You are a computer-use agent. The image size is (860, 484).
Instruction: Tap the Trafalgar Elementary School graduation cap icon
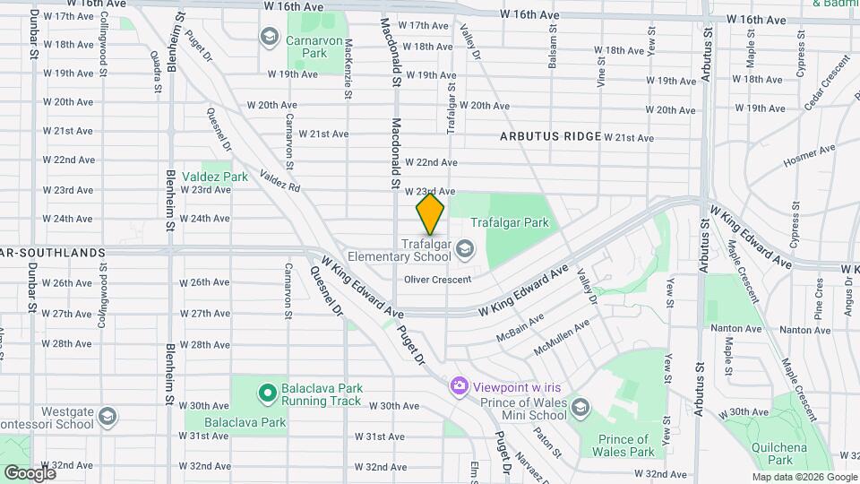click(465, 248)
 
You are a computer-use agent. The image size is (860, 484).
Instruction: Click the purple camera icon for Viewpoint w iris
click(460, 385)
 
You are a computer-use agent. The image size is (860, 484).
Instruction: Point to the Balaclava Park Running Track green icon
click(266, 393)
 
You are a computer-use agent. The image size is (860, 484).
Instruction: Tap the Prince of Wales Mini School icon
click(580, 409)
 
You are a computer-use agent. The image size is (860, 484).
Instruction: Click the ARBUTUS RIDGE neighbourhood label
click(550, 136)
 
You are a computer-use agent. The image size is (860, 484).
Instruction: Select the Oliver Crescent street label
click(437, 280)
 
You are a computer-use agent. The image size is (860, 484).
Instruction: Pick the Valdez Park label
click(215, 177)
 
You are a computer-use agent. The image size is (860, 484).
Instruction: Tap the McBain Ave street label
click(519, 329)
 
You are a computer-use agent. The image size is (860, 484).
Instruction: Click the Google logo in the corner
click(30, 472)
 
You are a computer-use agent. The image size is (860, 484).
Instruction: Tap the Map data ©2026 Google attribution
click(804, 477)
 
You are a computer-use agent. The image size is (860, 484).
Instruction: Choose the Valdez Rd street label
click(279, 181)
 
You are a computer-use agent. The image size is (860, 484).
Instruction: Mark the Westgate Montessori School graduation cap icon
click(107, 417)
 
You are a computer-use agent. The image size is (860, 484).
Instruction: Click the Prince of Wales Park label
click(623, 445)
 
